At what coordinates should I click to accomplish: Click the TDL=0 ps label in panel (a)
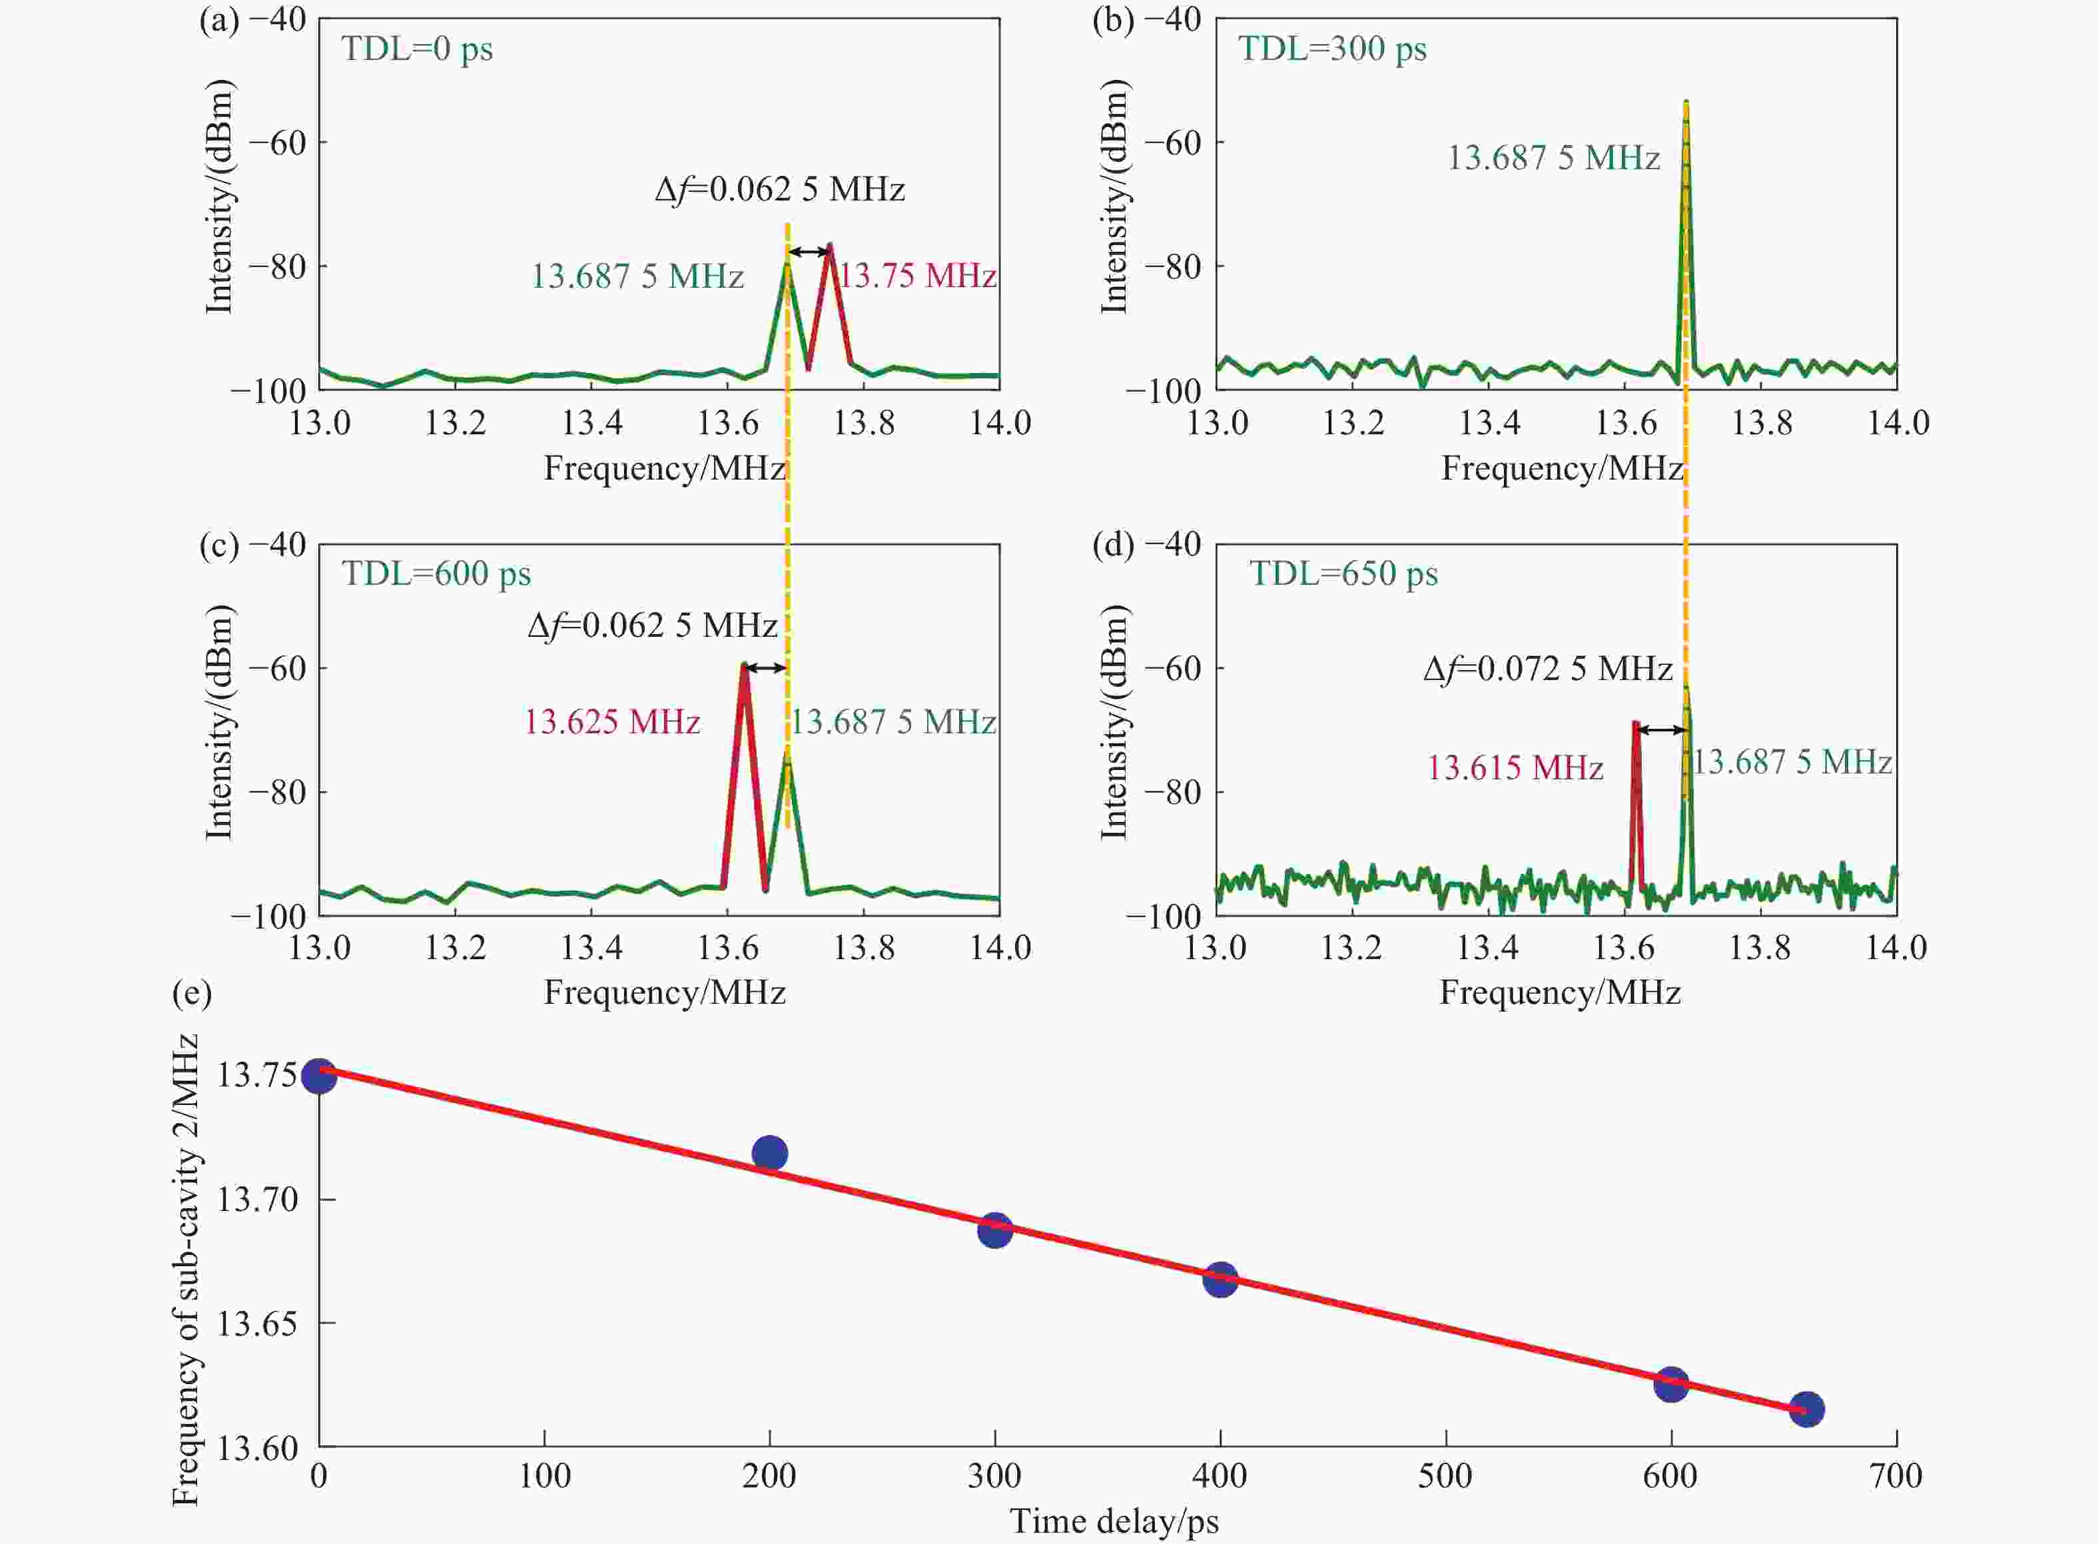(417, 49)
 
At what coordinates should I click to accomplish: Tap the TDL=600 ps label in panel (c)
(436, 573)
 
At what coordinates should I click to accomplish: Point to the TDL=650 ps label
(1344, 573)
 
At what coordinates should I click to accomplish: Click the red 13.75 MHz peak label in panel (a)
(916, 276)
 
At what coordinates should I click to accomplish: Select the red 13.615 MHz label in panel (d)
(1515, 767)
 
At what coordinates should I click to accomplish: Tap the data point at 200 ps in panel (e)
(769, 1153)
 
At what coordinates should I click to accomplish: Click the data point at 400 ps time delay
(1220, 1279)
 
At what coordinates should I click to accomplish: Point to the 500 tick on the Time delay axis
(1446, 1476)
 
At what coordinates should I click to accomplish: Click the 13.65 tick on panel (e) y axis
(257, 1324)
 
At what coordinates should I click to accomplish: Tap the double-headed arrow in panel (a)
(809, 251)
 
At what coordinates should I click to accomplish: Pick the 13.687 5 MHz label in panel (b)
(1553, 157)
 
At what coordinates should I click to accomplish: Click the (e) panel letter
(192, 992)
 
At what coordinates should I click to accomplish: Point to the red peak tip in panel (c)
(745, 665)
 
